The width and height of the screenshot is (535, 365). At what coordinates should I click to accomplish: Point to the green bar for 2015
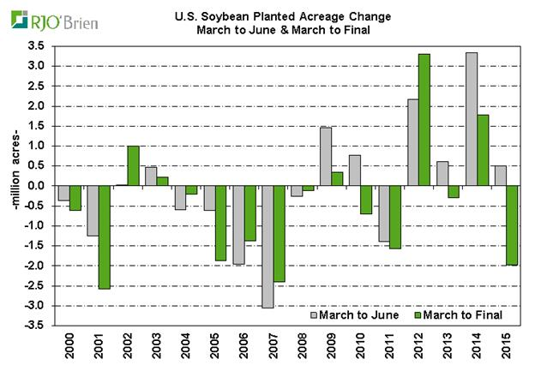[512, 225]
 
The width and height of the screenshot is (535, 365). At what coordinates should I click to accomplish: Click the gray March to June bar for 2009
[324, 157]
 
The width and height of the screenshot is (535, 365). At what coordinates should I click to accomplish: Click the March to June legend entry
[357, 314]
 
